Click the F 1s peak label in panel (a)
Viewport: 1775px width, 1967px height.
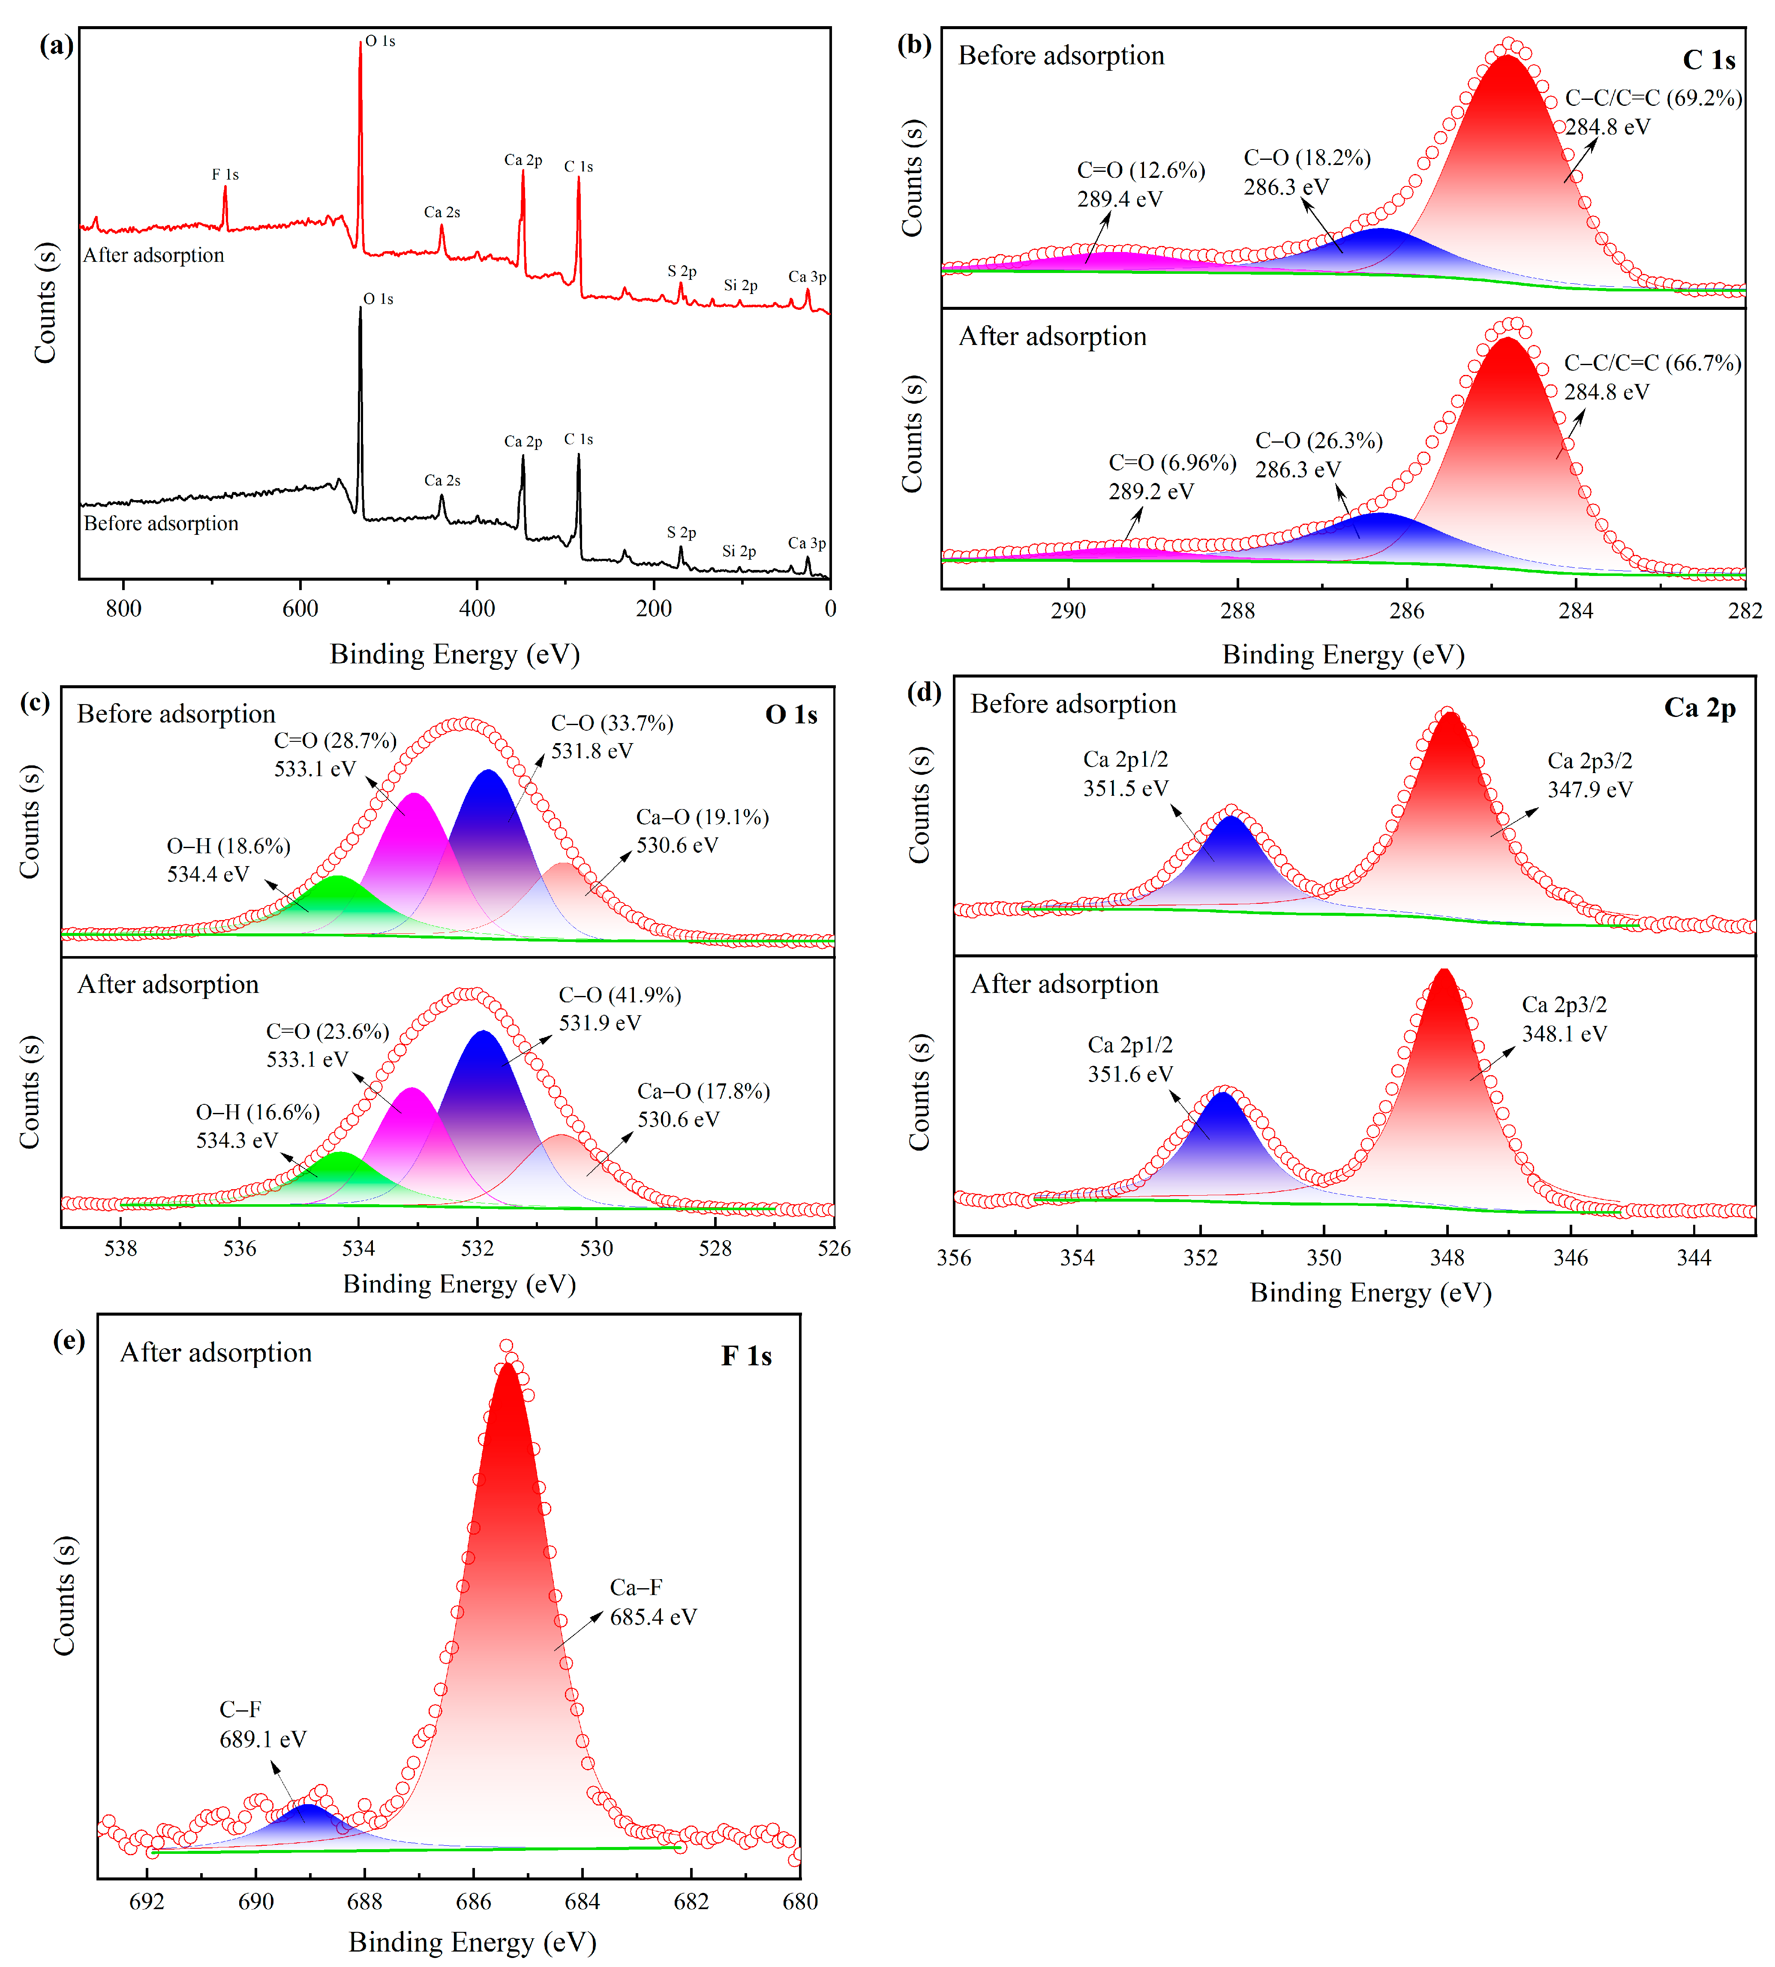(x=225, y=174)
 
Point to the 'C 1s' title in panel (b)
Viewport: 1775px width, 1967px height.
(x=1709, y=60)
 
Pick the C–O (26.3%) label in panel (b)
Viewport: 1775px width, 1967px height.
(x=1318, y=441)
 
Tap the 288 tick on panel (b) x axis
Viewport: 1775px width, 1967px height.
(x=1237, y=612)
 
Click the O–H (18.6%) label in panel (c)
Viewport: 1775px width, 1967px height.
(x=228, y=846)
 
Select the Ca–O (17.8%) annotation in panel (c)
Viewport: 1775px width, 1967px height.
(x=703, y=1091)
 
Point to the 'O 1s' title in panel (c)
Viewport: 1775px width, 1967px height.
(x=791, y=715)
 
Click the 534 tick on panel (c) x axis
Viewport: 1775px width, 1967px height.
(x=359, y=1248)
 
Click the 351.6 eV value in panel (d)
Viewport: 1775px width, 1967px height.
(x=1130, y=1073)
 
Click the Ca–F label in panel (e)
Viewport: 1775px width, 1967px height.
(x=636, y=1588)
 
